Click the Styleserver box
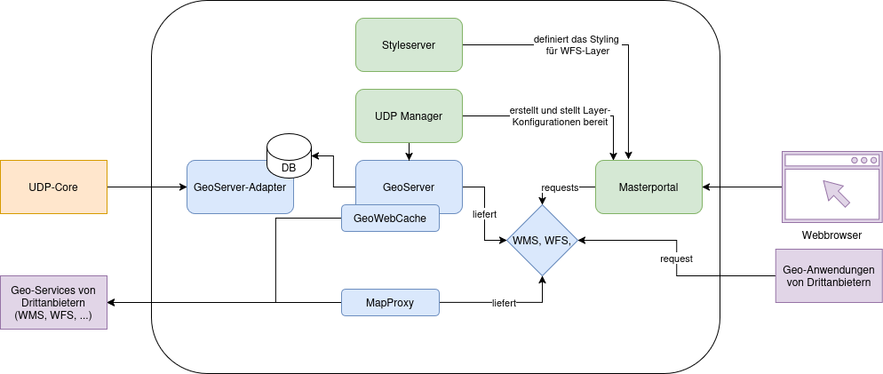point(409,44)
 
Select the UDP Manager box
point(409,115)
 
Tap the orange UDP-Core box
point(53,187)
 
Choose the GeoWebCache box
point(390,218)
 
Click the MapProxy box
point(390,302)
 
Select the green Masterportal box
point(648,187)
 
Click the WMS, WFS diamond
point(542,240)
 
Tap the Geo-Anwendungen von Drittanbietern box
point(829,275)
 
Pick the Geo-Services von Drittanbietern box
point(53,302)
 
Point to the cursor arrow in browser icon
point(835,192)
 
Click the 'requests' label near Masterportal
point(560,187)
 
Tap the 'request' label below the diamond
point(676,259)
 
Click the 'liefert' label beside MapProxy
point(505,303)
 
